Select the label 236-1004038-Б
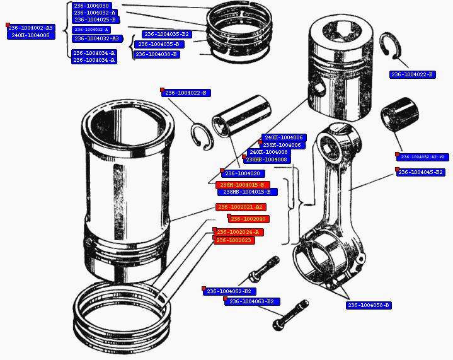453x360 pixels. [x=156, y=55]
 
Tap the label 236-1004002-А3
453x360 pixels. [x=31, y=28]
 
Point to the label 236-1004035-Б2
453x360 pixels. [x=166, y=34]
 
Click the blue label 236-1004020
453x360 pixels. [x=242, y=173]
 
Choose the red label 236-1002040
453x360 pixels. [x=248, y=219]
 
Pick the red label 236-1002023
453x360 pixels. [x=234, y=240]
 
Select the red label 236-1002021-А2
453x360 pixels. [x=239, y=207]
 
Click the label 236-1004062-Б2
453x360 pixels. [x=229, y=291]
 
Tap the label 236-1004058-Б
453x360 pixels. [x=369, y=305]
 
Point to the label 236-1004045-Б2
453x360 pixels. [x=421, y=172]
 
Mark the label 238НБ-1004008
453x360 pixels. [x=267, y=160]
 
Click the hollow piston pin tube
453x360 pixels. [x=242, y=117]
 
